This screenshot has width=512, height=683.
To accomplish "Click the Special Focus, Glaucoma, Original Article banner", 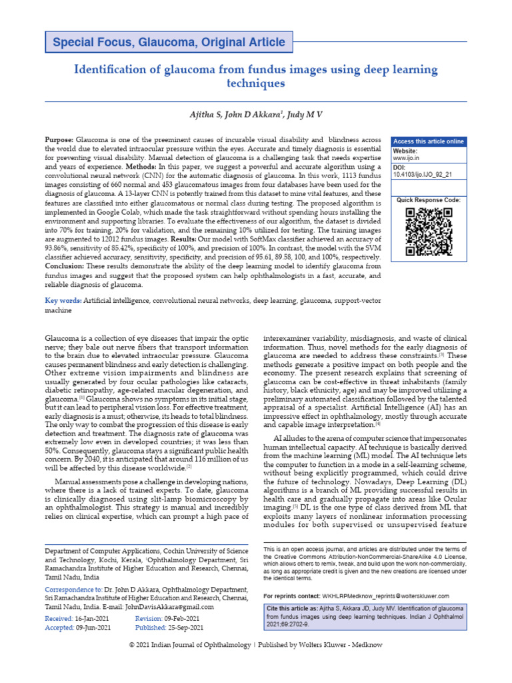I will (x=169, y=43).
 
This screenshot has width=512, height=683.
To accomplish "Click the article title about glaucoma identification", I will (x=255, y=77).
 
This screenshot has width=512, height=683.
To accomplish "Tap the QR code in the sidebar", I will (x=429, y=231).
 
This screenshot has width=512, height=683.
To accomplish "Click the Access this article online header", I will (x=428, y=141).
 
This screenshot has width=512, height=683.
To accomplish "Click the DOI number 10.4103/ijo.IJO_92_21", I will (x=423, y=174).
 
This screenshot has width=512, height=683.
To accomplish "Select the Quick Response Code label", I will (x=428, y=199).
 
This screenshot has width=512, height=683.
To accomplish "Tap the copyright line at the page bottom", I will (x=255, y=664).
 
